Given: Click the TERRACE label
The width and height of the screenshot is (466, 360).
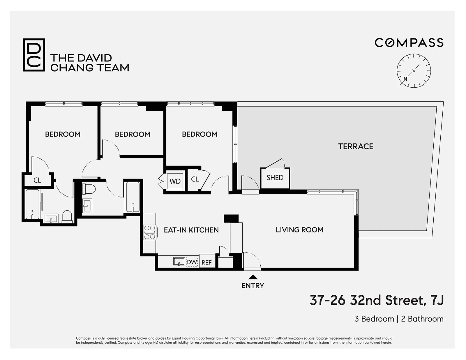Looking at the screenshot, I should [x=356, y=146].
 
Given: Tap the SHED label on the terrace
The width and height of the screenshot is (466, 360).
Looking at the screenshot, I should [x=275, y=178].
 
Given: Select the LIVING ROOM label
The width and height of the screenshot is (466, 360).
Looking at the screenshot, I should [x=299, y=230].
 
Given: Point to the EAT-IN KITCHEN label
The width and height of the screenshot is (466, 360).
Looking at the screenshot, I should [x=191, y=230].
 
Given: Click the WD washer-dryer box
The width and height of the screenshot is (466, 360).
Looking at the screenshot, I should [x=175, y=181].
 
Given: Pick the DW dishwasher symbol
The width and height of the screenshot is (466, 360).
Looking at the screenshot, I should [x=192, y=262].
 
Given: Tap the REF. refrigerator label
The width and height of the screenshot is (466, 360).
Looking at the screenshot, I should [x=207, y=262].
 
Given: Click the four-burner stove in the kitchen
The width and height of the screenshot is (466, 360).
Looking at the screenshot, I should [x=150, y=232].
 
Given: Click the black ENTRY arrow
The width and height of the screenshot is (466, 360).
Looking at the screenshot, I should [x=253, y=277].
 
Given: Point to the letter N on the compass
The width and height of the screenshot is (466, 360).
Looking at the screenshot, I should [x=405, y=79].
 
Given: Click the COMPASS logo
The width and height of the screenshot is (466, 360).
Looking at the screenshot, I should [x=409, y=43].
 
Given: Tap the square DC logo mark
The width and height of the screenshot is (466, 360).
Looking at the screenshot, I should [x=34, y=55].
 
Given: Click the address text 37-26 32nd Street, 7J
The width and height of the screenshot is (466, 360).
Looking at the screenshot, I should [x=376, y=300].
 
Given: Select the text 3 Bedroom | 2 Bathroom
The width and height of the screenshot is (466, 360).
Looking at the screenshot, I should [x=399, y=319].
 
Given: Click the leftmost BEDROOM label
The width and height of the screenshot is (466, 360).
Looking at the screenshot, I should [x=63, y=134].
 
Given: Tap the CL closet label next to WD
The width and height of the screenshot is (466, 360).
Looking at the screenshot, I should [x=195, y=179].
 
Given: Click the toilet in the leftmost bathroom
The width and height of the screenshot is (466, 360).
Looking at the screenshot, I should [x=67, y=217].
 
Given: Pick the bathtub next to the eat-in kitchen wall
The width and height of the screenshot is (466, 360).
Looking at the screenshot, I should [x=133, y=197].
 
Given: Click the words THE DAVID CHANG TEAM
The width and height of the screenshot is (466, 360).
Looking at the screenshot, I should [x=90, y=63].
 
